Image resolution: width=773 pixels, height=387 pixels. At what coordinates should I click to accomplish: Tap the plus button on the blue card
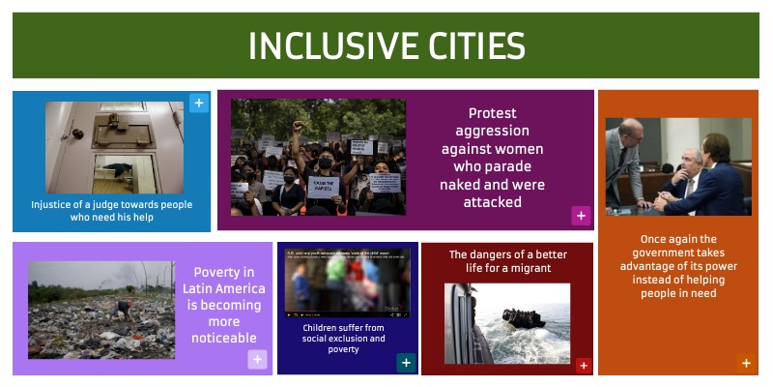[198, 103]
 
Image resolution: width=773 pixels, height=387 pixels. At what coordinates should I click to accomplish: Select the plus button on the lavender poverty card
[257, 360]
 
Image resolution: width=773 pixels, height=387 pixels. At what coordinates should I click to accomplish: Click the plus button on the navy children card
[407, 363]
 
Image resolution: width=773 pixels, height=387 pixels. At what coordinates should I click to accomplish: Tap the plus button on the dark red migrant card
[583, 365]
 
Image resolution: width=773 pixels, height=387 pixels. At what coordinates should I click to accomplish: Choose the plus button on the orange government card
[745, 364]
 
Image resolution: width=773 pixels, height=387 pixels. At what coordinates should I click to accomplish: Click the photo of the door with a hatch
[114, 147]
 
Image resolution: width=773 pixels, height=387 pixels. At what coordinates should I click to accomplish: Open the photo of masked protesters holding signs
[318, 156]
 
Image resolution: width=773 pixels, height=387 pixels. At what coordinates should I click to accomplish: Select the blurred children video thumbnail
[348, 283]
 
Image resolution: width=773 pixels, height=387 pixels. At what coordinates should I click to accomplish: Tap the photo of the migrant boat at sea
[507, 322]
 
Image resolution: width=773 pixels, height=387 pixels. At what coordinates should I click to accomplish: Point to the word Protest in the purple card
[492, 114]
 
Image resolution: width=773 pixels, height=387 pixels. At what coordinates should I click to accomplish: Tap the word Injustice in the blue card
[54, 205]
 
